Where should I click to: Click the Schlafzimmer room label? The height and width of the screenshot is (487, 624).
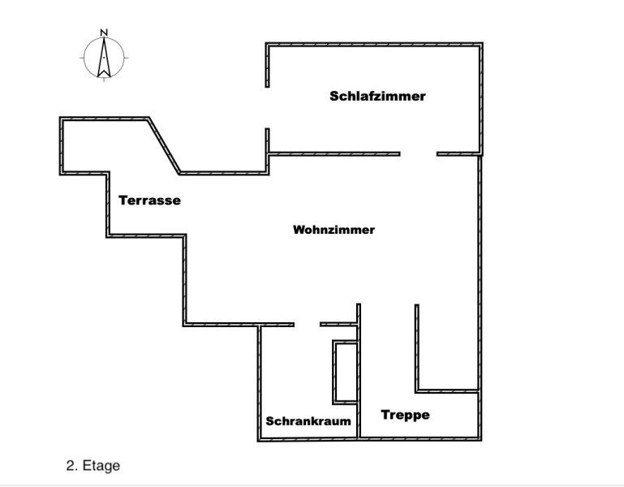coord(377,96)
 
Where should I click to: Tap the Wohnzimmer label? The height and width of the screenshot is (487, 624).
coord(334,230)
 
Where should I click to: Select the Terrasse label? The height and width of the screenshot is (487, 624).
coord(149,200)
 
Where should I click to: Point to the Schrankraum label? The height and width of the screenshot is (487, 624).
coord(308,421)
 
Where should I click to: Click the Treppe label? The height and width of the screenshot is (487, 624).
coord(405,415)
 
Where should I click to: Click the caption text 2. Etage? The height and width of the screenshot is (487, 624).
coord(93,466)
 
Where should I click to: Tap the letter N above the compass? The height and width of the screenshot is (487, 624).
coord(104,33)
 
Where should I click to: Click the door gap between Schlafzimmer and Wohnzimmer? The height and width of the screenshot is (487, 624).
coord(418,153)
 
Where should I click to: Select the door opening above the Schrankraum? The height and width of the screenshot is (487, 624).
coord(307,325)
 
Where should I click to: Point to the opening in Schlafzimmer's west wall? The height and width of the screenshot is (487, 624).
coord(267,108)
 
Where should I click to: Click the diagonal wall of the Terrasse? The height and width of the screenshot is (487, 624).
coord(164,145)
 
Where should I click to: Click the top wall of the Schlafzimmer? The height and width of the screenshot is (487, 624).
coord(375,44)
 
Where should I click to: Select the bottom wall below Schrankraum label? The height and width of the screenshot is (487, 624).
coord(308,439)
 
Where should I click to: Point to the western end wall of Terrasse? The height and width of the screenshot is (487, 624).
coord(62,145)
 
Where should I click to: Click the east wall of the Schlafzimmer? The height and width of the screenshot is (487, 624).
coord(483,97)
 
